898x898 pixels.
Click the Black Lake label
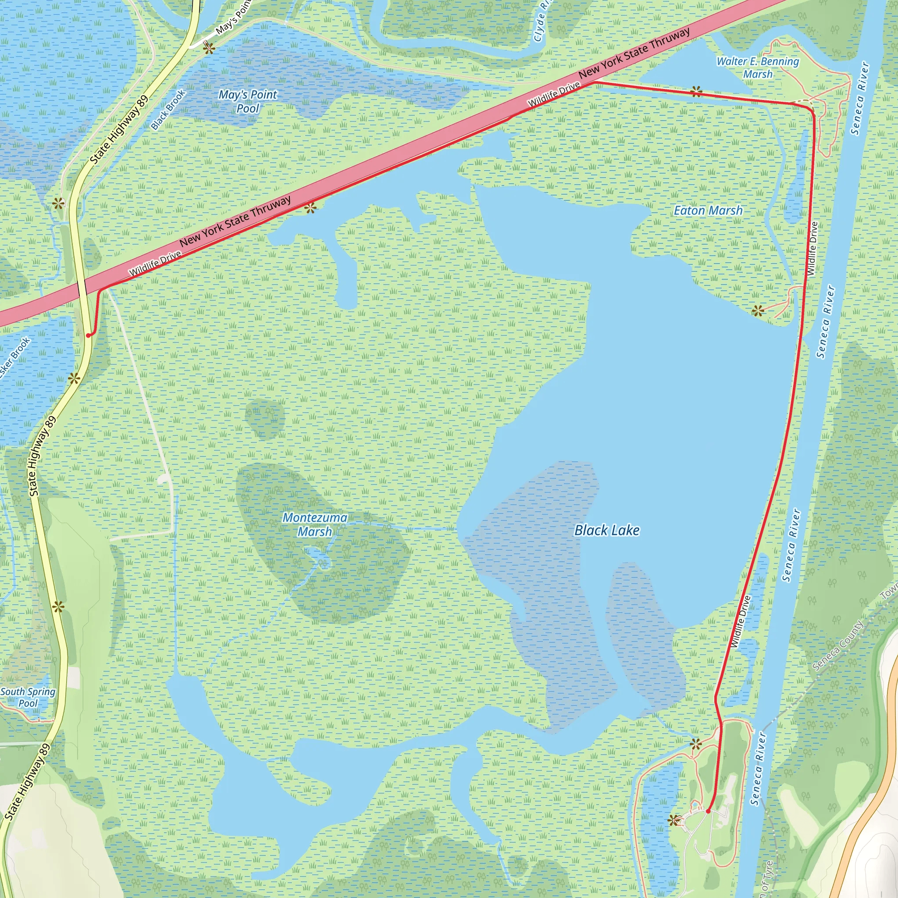tap(606, 531)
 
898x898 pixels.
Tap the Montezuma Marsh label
tap(315, 525)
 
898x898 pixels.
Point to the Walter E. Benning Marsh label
tap(758, 68)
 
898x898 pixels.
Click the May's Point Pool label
tap(248, 101)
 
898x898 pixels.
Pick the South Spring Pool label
tap(28, 697)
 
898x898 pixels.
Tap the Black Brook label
tap(168, 110)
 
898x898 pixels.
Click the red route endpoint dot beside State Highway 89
tap(88, 335)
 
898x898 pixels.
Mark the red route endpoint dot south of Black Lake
tap(708, 812)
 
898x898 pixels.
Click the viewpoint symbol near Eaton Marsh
tap(758, 310)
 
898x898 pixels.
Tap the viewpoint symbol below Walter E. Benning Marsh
tap(696, 91)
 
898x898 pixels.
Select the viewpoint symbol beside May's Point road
tap(209, 48)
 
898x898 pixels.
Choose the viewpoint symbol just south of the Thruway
tap(310, 208)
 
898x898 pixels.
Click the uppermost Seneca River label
tap(860, 99)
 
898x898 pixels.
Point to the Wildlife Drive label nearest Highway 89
tap(155, 264)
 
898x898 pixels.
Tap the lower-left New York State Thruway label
tap(235, 221)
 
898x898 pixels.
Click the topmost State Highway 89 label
tap(119, 130)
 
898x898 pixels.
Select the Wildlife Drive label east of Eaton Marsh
tap(812, 249)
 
